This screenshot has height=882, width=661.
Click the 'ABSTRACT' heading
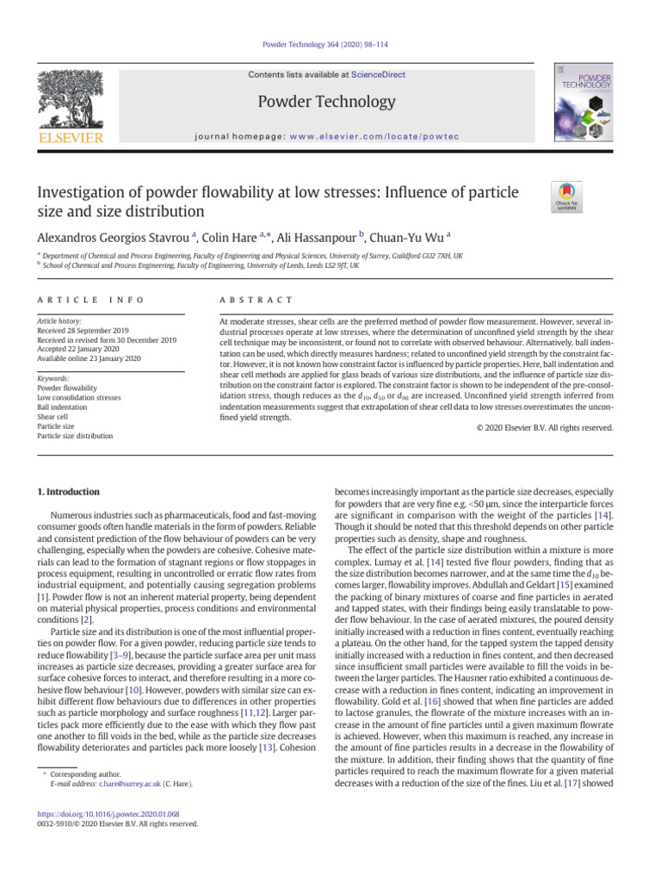point(256,299)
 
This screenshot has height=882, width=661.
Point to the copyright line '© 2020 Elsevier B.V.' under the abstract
point(543,427)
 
